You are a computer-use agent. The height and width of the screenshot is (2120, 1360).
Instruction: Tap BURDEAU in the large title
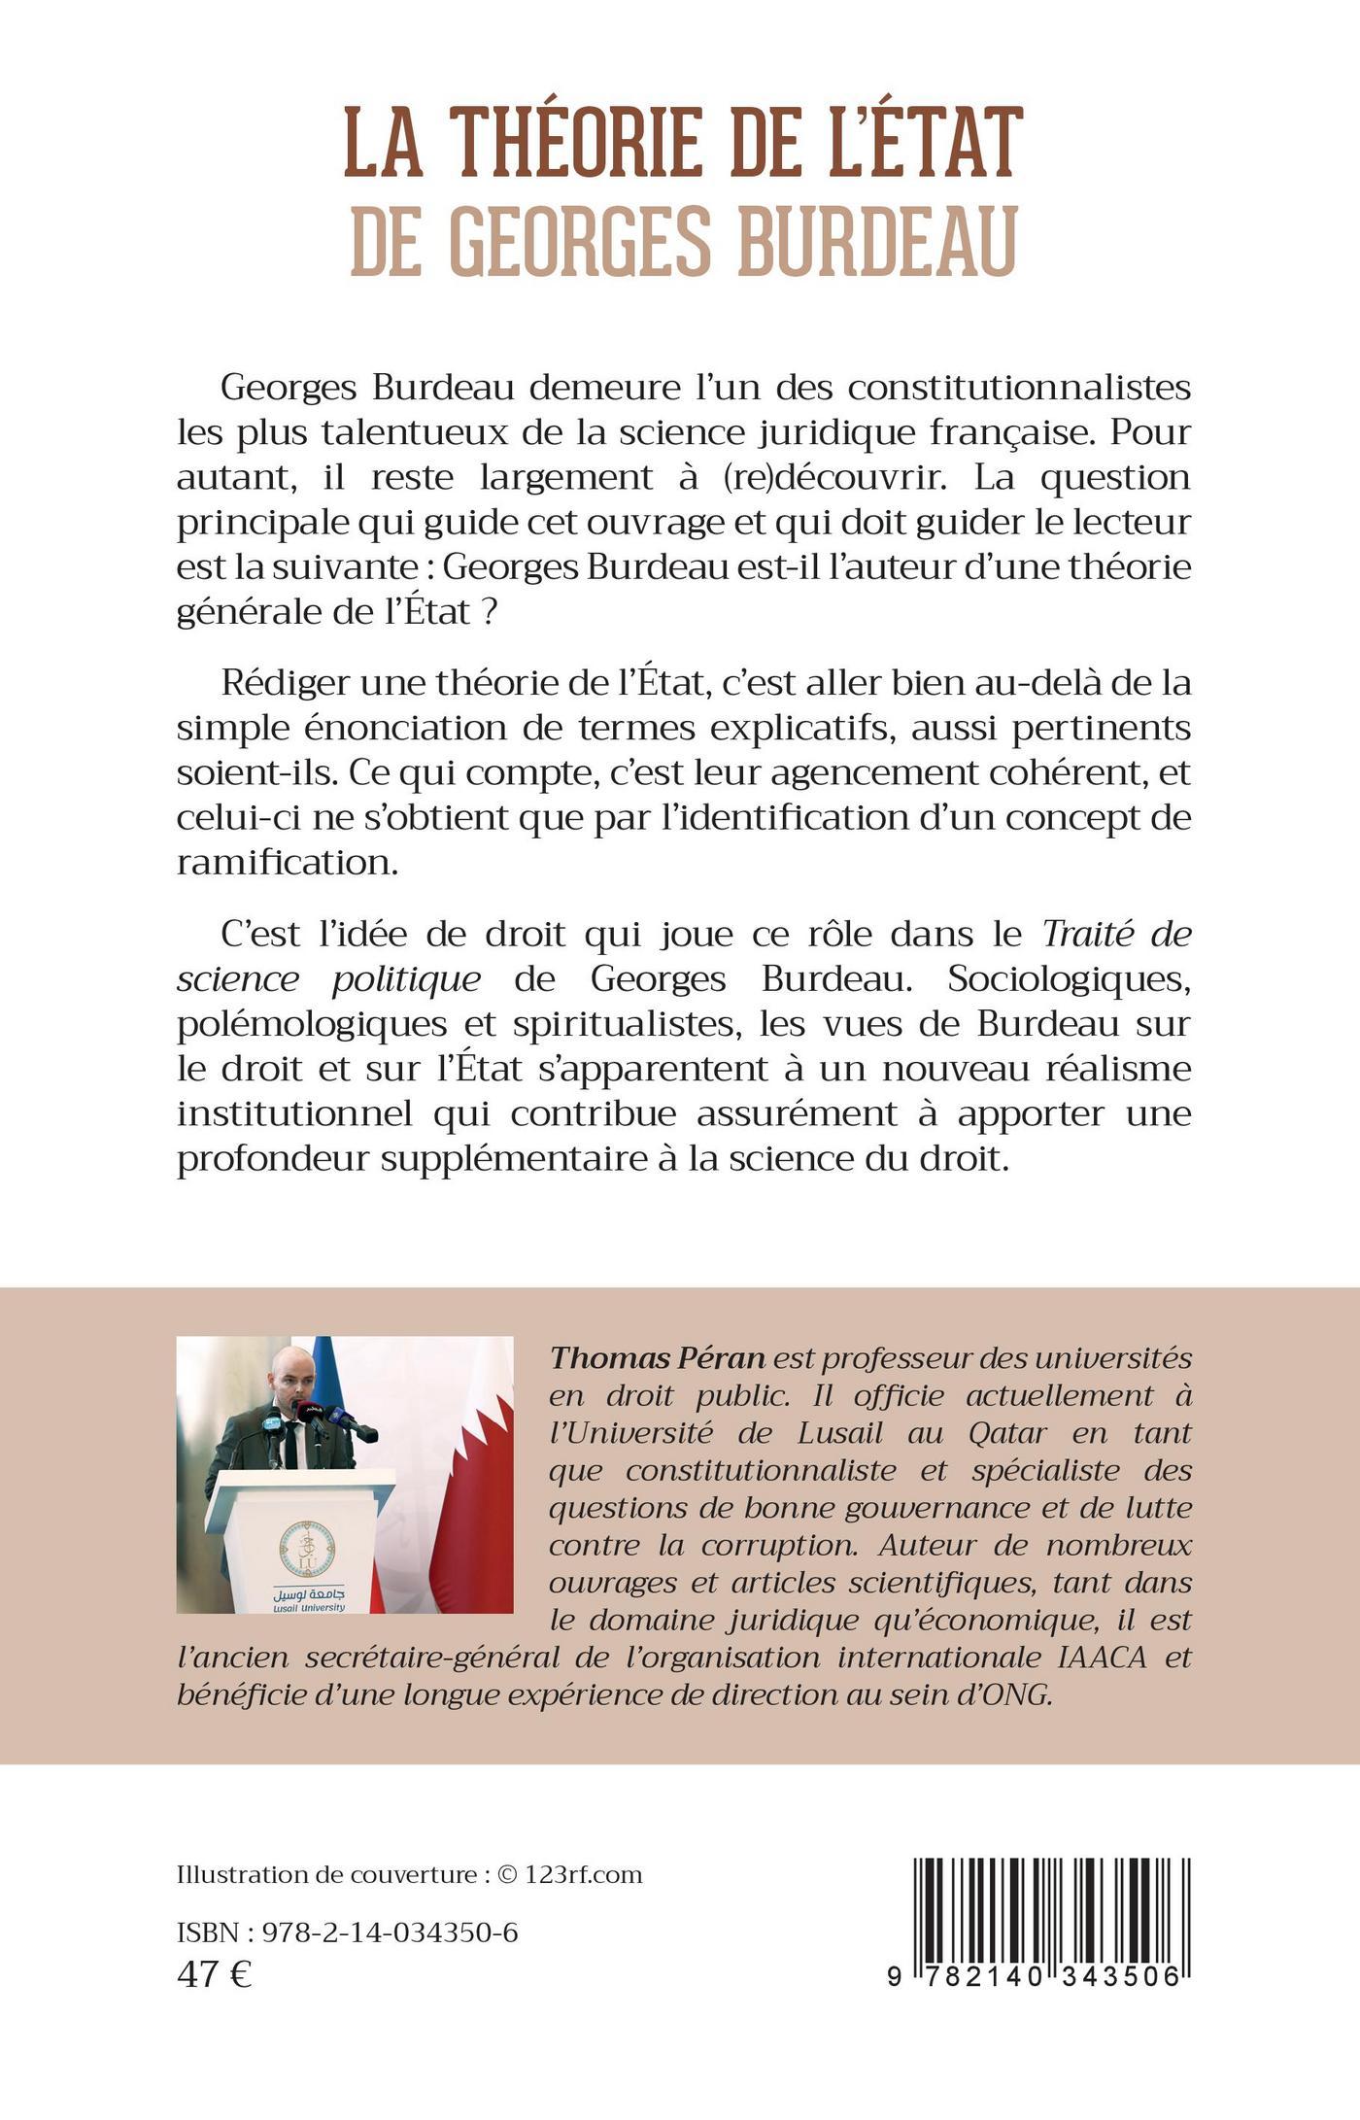(x=876, y=239)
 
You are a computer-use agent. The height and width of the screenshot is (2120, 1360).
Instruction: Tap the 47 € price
(x=214, y=1974)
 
